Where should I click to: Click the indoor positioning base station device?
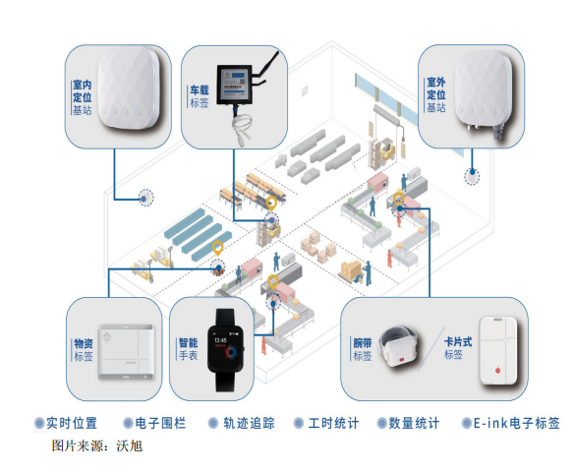click(129, 89)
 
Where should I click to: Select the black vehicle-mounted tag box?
click(235, 85)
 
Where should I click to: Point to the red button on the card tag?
click(497, 370)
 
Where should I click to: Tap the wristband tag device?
click(398, 346)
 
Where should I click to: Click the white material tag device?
click(126, 351)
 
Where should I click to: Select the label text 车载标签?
click(200, 96)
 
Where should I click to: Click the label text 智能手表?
click(188, 349)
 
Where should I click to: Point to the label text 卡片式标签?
click(458, 348)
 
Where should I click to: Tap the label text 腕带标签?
click(363, 349)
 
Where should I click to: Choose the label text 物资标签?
click(84, 350)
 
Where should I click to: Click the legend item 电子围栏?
click(154, 423)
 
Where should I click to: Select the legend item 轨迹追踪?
click(242, 423)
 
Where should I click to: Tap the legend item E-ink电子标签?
click(511, 423)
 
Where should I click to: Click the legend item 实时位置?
click(66, 423)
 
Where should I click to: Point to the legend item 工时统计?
click(326, 423)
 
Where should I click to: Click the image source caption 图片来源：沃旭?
click(97, 446)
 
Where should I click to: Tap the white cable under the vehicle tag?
click(241, 127)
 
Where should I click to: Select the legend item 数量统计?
click(409, 423)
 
